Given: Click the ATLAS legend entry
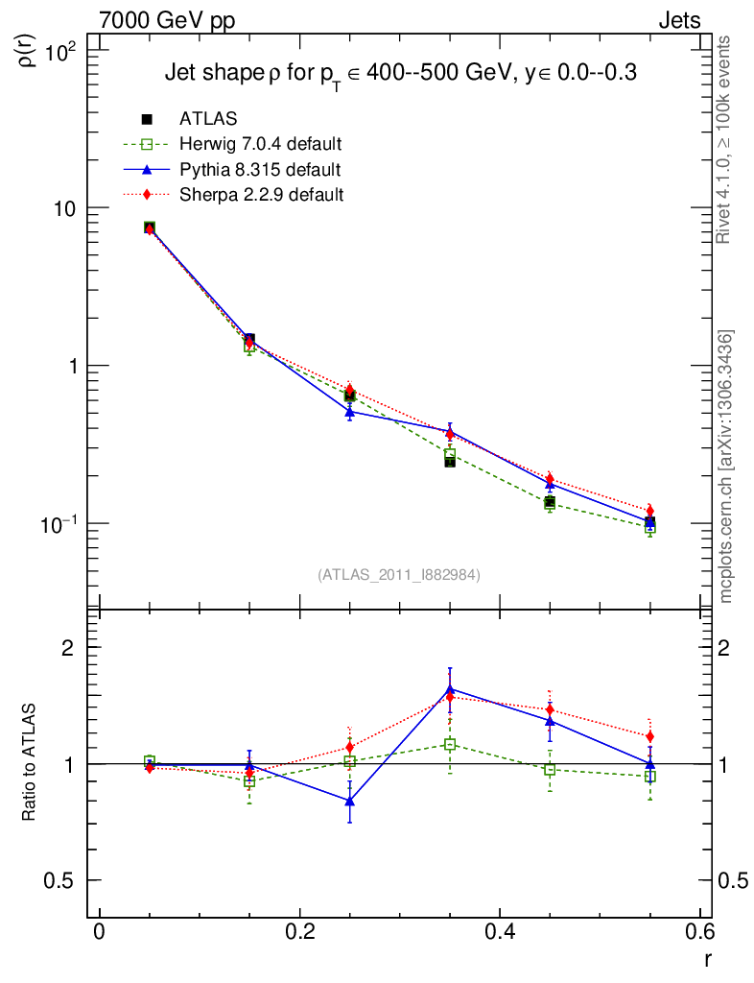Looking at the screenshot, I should click(208, 119).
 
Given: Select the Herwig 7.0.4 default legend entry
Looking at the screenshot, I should click(260, 144).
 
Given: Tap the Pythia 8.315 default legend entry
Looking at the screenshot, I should click(260, 169).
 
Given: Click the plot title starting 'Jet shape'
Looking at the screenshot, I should click(401, 74).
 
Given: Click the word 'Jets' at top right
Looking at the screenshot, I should click(678, 21).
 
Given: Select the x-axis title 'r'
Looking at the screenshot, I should click(708, 957).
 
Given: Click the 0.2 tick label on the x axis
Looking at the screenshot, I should click(299, 933).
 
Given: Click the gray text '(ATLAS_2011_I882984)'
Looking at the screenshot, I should click(399, 574).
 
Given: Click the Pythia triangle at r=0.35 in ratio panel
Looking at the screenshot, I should click(450, 689).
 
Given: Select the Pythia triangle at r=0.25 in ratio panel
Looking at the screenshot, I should click(350, 800).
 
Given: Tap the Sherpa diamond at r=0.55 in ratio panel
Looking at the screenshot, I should click(650, 736).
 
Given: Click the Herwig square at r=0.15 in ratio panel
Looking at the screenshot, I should click(249, 781).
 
